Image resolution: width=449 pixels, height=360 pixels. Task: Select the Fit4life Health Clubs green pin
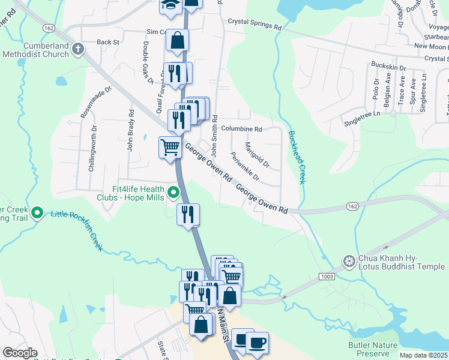173,193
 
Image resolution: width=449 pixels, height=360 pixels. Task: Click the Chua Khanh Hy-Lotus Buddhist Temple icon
348,260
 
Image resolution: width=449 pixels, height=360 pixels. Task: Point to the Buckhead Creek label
297,157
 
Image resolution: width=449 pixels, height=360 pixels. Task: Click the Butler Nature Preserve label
373,349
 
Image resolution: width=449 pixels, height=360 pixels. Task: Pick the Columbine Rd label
241,129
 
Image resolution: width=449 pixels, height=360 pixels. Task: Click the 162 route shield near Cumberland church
48,28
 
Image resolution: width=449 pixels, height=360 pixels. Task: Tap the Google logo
20,353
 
